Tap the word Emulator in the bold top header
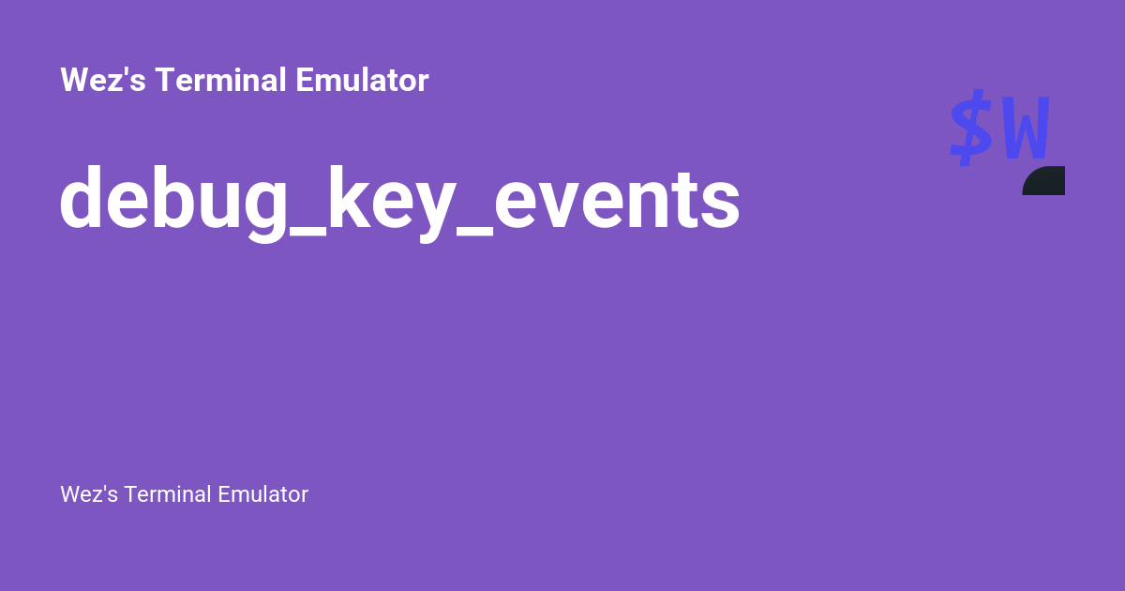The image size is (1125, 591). click(362, 81)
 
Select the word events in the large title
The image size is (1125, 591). click(618, 199)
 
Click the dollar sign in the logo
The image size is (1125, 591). click(971, 128)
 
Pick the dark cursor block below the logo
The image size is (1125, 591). click(1044, 181)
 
